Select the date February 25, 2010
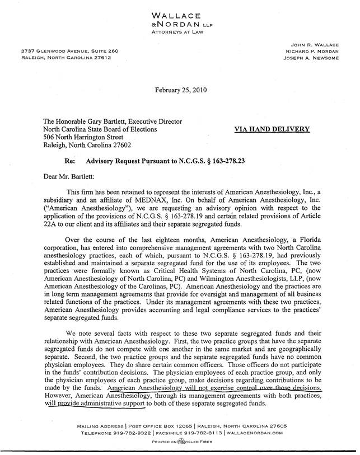pyautogui.click(x=180, y=90)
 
